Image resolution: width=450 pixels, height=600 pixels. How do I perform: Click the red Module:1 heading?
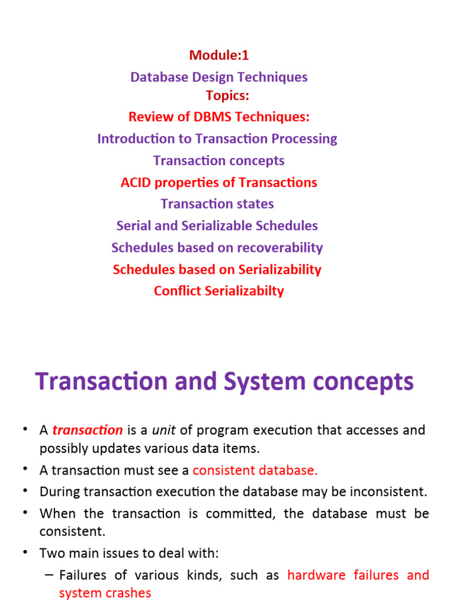point(219,55)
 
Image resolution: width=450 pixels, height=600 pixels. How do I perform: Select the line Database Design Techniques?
point(219,77)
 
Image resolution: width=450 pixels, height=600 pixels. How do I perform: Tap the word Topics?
point(227,96)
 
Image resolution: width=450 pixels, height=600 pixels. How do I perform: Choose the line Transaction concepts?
point(219,161)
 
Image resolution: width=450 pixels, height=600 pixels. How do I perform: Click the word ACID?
point(136,182)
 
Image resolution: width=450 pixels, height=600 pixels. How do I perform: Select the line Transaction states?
point(217,204)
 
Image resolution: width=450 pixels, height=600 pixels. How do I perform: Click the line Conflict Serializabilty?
point(219,291)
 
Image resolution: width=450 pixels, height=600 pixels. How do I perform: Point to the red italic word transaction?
point(87,431)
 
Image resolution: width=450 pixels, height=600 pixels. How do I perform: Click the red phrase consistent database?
point(255,470)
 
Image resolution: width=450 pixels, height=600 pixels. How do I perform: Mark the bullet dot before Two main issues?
point(25,552)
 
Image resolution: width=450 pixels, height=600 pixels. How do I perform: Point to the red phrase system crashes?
point(105,592)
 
